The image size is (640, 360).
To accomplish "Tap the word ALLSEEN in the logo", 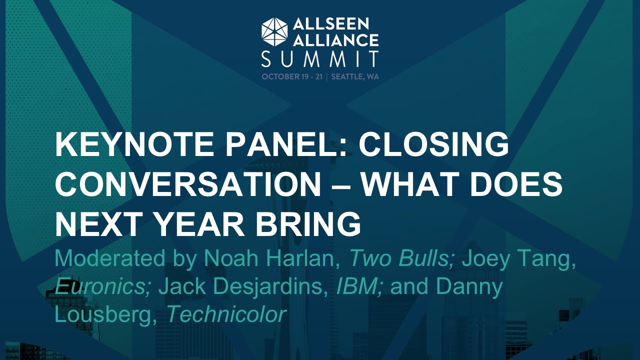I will [330, 23].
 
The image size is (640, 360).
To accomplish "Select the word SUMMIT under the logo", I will [320, 59].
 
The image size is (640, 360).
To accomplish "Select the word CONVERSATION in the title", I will [188, 185].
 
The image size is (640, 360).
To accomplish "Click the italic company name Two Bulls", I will [402, 258].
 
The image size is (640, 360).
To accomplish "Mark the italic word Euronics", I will [102, 286].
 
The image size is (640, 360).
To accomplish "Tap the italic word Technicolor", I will [226, 314].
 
